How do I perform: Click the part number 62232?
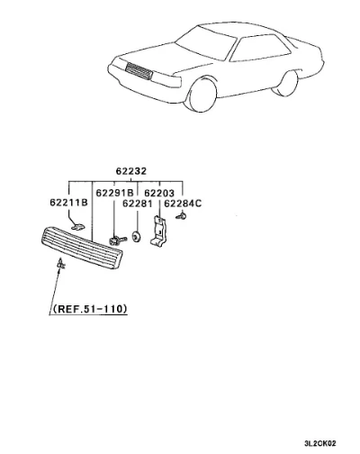[x=131, y=171]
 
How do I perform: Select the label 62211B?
[x=68, y=203]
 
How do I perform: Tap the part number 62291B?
[x=114, y=193]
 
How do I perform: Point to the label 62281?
[x=137, y=204]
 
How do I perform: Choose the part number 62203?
[x=159, y=193]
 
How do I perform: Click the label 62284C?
[x=183, y=204]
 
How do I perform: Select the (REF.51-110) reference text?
[x=90, y=309]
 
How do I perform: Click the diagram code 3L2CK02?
[x=320, y=443]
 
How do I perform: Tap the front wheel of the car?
[x=202, y=95]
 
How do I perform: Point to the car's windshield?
[x=206, y=42]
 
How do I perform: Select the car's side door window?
[x=260, y=48]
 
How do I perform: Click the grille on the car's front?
[x=139, y=72]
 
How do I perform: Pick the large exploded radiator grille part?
[x=81, y=249]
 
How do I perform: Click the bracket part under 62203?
[x=158, y=232]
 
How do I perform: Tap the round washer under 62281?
[x=137, y=237]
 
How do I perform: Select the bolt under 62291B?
[x=117, y=241]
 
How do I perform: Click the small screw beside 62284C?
[x=181, y=215]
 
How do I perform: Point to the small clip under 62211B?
[x=78, y=226]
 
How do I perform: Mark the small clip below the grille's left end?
[x=61, y=263]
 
